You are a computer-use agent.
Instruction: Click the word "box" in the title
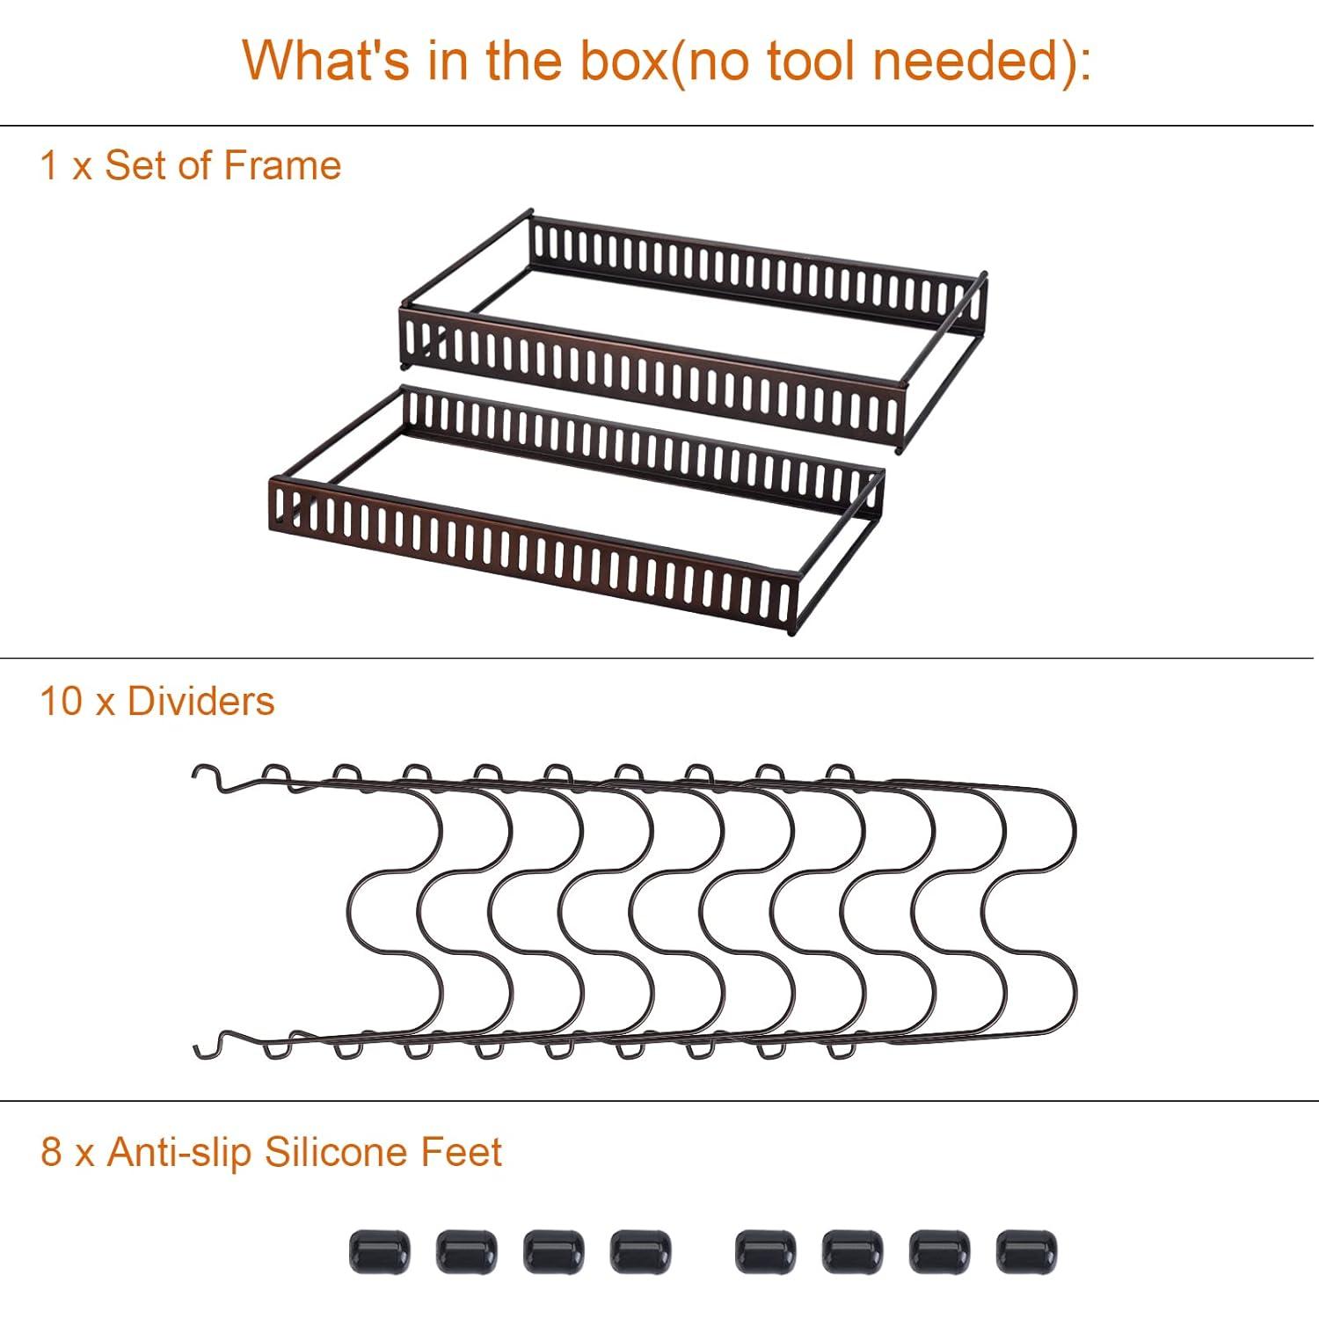click(621, 61)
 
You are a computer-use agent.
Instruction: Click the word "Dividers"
click(200, 702)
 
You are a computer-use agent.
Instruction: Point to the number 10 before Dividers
click(62, 702)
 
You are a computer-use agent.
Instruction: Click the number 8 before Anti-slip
click(52, 1153)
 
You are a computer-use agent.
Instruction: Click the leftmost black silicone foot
click(380, 1251)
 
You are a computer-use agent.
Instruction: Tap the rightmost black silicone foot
click(1026, 1251)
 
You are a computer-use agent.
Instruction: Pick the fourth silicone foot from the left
click(641, 1251)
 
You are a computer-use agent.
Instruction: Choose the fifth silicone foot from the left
click(766, 1251)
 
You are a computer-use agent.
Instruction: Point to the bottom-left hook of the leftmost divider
click(204, 1046)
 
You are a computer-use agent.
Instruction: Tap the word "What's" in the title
click(327, 61)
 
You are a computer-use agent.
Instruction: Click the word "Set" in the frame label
click(134, 165)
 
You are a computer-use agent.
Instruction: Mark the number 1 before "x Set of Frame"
click(49, 165)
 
